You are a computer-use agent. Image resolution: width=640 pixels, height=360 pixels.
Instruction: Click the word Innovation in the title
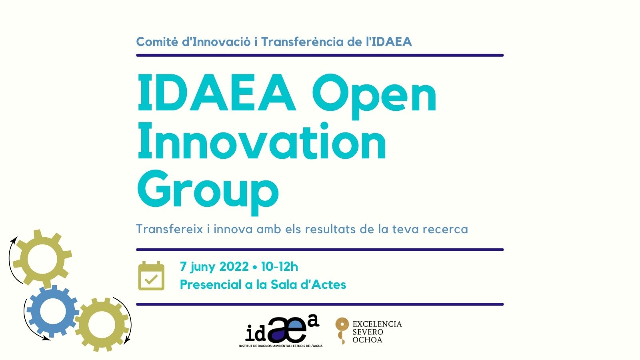pyautogui.click(x=262, y=140)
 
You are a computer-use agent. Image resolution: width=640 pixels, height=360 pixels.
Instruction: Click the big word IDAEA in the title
pyautogui.click(x=216, y=92)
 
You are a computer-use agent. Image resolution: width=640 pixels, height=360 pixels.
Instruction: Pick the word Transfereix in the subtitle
pyautogui.click(x=170, y=229)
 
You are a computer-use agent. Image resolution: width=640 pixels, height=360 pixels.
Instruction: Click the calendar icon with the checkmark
pyautogui.click(x=151, y=276)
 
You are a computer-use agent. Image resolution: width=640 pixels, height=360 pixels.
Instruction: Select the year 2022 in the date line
pyautogui.click(x=234, y=266)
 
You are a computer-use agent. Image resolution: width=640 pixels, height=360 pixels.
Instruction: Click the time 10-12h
pyautogui.click(x=280, y=266)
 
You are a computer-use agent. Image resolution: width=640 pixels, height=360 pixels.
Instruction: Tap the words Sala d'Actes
pyautogui.click(x=308, y=284)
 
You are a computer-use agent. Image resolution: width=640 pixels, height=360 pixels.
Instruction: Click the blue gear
pyautogui.click(x=52, y=311)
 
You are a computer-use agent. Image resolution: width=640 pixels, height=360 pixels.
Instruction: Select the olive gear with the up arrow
pyautogui.click(x=42, y=259)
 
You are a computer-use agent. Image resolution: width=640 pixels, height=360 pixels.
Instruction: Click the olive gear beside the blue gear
pyautogui.click(x=102, y=324)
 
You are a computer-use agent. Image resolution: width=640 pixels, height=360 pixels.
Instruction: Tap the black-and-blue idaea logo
pyautogui.click(x=281, y=331)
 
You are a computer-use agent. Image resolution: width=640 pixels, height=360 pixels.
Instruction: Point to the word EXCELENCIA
pyautogui.click(x=377, y=324)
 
